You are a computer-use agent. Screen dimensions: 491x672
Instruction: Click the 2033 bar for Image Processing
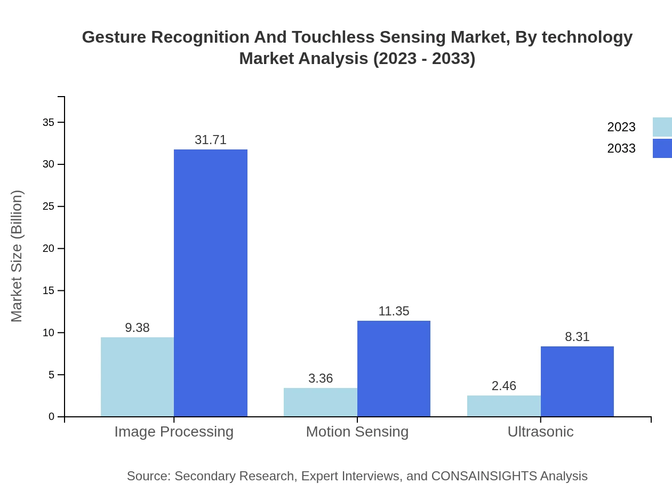[x=211, y=283]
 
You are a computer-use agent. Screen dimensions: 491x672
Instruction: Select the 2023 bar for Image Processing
[x=137, y=377]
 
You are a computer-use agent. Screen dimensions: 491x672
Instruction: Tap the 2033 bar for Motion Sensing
[x=394, y=368]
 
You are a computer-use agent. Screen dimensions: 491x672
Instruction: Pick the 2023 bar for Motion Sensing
[x=321, y=402]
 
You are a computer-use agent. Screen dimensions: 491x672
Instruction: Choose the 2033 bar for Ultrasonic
[x=577, y=381]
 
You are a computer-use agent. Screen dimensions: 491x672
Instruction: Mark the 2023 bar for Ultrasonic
[x=504, y=406]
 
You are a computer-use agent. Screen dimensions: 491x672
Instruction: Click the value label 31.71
[x=211, y=140]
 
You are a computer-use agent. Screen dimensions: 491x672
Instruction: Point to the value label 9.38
[x=137, y=328]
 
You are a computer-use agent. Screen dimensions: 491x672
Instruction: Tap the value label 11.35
[x=394, y=311]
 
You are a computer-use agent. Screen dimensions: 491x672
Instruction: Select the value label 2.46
[x=504, y=386]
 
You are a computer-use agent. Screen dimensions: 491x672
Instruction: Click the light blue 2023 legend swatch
[x=662, y=127]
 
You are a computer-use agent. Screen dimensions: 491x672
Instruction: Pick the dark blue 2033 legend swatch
[x=662, y=148]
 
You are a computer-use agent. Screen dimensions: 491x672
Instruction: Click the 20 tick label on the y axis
[x=49, y=249]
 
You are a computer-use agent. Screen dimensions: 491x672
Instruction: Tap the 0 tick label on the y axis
[x=52, y=417]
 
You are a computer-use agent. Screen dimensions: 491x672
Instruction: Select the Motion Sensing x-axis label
[x=357, y=432]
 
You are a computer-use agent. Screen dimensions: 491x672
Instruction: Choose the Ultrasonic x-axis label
[x=540, y=432]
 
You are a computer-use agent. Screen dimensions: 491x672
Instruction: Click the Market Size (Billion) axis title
[x=17, y=256]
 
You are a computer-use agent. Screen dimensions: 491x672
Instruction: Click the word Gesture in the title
[x=114, y=37]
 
